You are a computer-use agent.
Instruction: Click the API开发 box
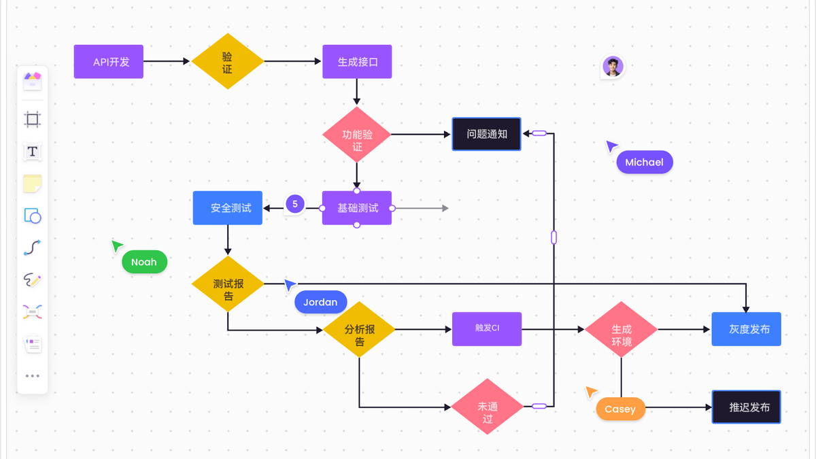[x=109, y=62]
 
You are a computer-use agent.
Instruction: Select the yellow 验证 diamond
[x=228, y=61]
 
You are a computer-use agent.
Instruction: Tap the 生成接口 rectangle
[x=357, y=62]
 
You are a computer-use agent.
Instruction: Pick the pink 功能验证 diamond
[x=357, y=135]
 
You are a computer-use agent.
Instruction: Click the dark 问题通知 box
[x=487, y=134]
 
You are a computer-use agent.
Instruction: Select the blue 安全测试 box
[x=228, y=207]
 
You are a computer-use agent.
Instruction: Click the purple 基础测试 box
[x=357, y=207]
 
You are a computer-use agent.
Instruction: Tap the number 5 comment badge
[x=295, y=204]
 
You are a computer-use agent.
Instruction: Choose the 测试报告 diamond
[x=228, y=284]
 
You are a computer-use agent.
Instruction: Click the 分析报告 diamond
[x=359, y=329]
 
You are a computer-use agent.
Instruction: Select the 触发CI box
[x=487, y=329]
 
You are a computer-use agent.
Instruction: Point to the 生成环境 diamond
[x=622, y=329]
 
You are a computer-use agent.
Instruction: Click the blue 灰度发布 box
[x=747, y=329]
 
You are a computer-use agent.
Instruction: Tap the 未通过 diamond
[x=488, y=407]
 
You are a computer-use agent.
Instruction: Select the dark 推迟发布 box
[x=747, y=407]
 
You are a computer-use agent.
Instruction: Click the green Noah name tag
[x=145, y=262]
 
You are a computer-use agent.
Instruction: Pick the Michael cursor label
[x=645, y=162]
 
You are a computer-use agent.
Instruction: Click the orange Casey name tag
[x=621, y=409]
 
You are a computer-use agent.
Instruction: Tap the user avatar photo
[x=613, y=67]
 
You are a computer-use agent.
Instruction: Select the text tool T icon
[x=33, y=151]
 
